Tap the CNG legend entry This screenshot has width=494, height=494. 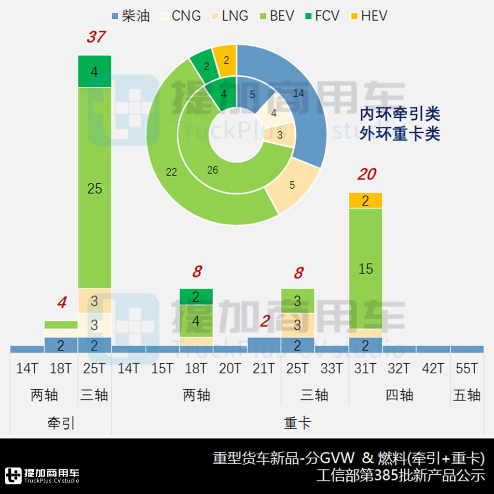[180, 15]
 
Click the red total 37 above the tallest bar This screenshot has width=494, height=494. [95, 37]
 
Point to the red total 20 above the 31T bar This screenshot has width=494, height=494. [366, 175]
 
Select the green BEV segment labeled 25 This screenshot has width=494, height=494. [95, 188]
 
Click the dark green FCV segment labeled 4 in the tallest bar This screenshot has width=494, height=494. [95, 71]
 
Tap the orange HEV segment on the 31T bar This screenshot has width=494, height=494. [365, 201]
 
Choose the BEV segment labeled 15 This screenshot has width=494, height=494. [365, 268]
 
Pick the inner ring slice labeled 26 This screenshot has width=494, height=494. [212, 170]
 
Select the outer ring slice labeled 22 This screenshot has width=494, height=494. [172, 172]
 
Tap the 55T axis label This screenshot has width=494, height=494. [467, 369]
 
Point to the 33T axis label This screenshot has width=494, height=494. [331, 369]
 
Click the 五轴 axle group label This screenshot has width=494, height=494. [467, 396]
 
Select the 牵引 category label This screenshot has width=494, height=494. [61, 424]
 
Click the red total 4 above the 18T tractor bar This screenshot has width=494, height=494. [61, 303]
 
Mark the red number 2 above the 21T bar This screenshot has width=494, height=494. [264, 321]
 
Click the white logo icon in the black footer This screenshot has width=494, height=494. [14, 476]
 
